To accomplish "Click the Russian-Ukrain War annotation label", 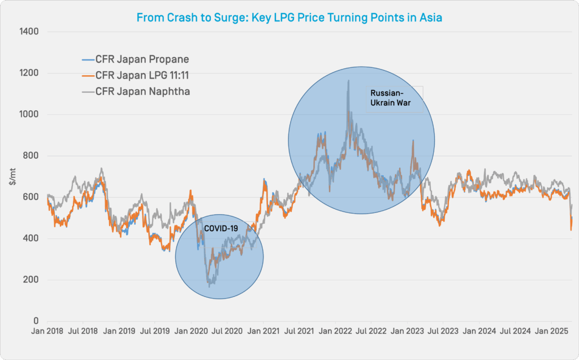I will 390,98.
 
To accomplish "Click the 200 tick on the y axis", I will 31,280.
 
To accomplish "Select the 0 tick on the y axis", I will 35,322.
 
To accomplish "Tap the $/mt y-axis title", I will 12,176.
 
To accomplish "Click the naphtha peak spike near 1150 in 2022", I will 348,81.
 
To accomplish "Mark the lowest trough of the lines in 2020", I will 210,285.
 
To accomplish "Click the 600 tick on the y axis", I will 31,197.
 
